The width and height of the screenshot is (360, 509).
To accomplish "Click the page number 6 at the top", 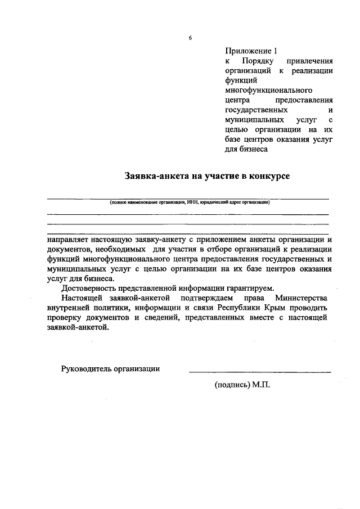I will tap(190, 38).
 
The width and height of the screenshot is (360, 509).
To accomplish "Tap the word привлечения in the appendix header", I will tap(310, 61).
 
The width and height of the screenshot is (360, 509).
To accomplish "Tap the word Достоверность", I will tap(89, 289).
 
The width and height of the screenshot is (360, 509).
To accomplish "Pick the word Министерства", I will tap(301, 298).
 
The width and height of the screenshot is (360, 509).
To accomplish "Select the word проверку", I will tap(65, 318).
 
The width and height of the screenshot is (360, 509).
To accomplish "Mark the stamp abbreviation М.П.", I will tap(262, 387).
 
